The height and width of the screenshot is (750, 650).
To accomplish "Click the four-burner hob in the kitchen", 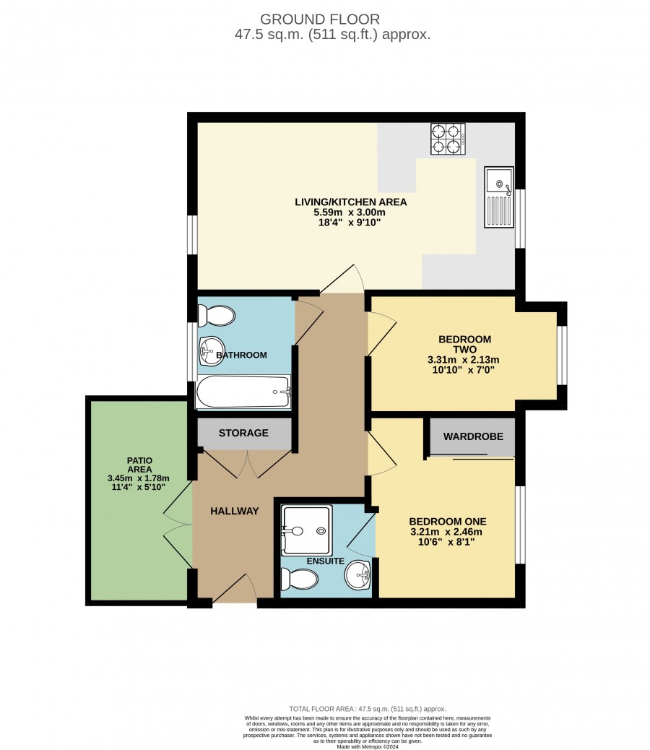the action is click(x=448, y=139).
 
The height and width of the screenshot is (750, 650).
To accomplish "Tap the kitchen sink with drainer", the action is click(x=499, y=197).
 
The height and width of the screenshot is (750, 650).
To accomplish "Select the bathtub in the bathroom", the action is click(x=243, y=392).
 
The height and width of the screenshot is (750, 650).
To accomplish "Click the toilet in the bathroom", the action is click(x=217, y=316).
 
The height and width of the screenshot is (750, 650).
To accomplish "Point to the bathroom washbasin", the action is click(x=211, y=350).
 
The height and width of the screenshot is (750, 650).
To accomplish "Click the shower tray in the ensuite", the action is click(x=306, y=530).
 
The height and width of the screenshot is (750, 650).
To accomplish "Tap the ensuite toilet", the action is click(x=299, y=579).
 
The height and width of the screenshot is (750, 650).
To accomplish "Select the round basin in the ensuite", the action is click(x=357, y=574).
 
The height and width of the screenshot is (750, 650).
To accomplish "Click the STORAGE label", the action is click(x=243, y=433).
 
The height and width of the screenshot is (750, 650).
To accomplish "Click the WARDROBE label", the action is click(x=473, y=436).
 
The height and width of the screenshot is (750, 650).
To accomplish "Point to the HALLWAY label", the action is click(x=234, y=512).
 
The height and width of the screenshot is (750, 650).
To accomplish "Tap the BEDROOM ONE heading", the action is click(x=447, y=522).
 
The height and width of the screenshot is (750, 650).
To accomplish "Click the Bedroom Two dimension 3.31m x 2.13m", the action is click(x=463, y=360).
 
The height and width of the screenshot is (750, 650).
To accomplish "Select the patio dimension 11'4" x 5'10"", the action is click(x=138, y=488).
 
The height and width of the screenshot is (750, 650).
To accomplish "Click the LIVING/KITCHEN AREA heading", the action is click(x=351, y=202).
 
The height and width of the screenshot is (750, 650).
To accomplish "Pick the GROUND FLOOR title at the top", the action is click(x=320, y=19).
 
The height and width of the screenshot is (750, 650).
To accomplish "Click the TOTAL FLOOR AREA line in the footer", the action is click(x=368, y=709).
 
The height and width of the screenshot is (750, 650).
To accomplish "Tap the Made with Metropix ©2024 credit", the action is click(x=368, y=746).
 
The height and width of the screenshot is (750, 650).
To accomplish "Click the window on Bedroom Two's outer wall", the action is click(x=563, y=355).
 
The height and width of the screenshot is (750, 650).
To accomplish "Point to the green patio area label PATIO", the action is click(x=139, y=460).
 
